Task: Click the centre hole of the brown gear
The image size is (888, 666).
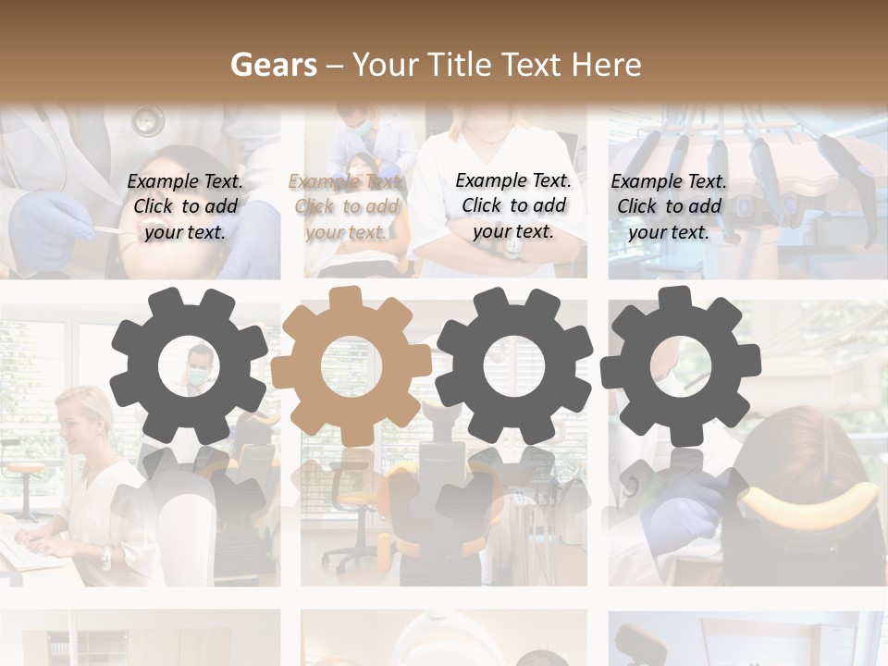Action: (351, 366)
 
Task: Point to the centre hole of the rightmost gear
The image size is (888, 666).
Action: (680, 366)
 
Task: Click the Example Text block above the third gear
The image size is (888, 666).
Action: (513, 205)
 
